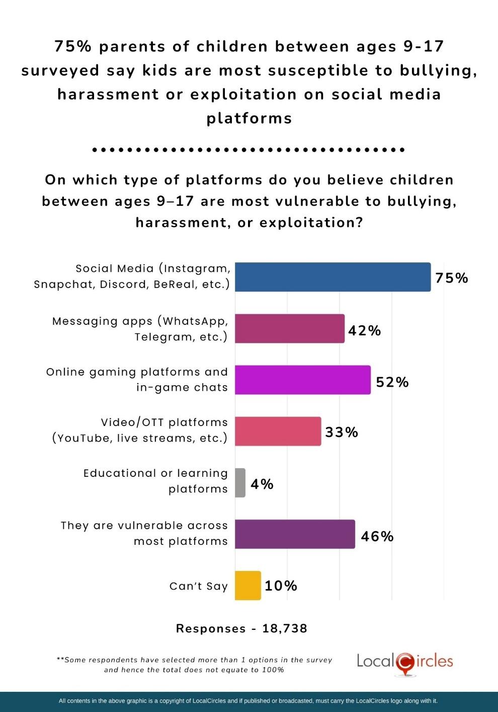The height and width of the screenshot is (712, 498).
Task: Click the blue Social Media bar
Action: [x=333, y=277]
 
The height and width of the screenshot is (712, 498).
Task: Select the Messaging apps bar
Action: [x=290, y=329]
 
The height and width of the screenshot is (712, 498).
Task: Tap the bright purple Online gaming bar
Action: [x=303, y=380]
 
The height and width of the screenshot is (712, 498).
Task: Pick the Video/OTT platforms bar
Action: [x=278, y=432]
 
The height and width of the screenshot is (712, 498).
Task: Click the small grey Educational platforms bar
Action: [x=240, y=483]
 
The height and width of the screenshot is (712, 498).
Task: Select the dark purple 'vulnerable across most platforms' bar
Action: [x=295, y=534]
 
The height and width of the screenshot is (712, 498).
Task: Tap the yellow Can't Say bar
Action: [x=248, y=586]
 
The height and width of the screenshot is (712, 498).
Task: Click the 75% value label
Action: [x=452, y=278]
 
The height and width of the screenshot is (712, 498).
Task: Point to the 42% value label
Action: [x=365, y=330]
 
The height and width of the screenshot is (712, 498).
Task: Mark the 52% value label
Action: [x=392, y=382]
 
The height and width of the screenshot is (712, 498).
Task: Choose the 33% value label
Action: [x=342, y=432]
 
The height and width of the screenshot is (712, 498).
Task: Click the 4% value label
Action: [x=262, y=484]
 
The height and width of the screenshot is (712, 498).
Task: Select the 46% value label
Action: [x=377, y=536]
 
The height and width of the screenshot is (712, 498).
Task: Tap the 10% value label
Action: [x=281, y=586]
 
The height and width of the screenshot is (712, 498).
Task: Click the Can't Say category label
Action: [x=199, y=586]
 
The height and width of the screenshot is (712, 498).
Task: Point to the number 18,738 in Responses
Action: [x=285, y=628]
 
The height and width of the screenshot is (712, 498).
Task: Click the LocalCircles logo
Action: [x=405, y=662]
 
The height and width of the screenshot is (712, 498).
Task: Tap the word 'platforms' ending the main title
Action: [x=249, y=118]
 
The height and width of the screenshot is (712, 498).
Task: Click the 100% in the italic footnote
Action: [x=273, y=670]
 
